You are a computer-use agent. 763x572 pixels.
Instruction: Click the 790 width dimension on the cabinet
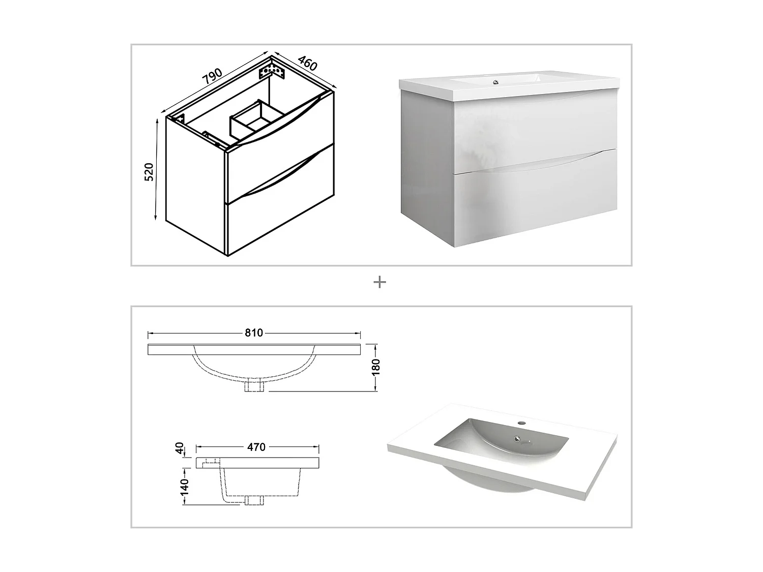coord(213,76)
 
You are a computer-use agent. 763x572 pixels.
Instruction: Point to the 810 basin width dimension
coord(254,333)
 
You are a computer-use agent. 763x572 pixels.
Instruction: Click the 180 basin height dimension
coord(376,367)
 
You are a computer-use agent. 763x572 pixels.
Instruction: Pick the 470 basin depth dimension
coord(256,447)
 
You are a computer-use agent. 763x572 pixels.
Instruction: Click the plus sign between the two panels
coord(379,282)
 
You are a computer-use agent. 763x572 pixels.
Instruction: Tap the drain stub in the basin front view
coord(254,387)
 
